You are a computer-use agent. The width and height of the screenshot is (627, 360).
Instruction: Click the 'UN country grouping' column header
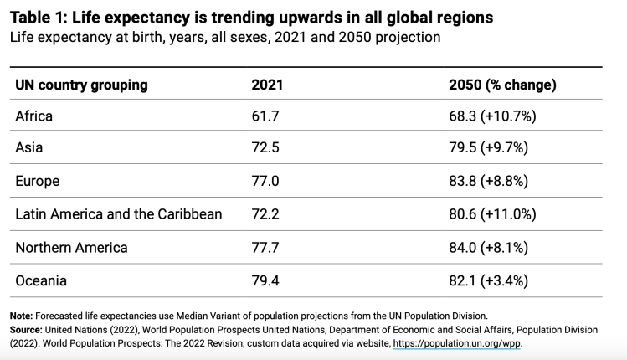[x=82, y=85]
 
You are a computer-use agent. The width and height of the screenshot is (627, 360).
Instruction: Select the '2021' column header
[x=267, y=85]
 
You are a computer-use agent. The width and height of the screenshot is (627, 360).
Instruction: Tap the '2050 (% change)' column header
[x=503, y=85]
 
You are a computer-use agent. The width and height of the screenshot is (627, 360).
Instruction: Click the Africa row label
[x=34, y=116]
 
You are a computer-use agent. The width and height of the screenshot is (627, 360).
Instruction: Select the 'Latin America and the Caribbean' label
[x=119, y=214]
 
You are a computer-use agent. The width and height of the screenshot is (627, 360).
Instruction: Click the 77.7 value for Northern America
[x=265, y=248]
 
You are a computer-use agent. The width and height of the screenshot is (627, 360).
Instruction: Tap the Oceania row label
[x=41, y=280]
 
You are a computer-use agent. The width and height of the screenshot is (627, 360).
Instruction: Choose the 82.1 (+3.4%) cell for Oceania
[x=489, y=280]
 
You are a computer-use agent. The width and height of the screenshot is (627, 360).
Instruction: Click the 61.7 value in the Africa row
[x=265, y=116]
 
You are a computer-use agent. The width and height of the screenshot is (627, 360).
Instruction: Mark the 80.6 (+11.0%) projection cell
[x=492, y=214]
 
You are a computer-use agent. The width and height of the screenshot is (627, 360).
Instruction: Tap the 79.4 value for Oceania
[x=265, y=280]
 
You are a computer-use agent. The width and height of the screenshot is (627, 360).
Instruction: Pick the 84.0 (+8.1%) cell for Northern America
[x=491, y=248]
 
